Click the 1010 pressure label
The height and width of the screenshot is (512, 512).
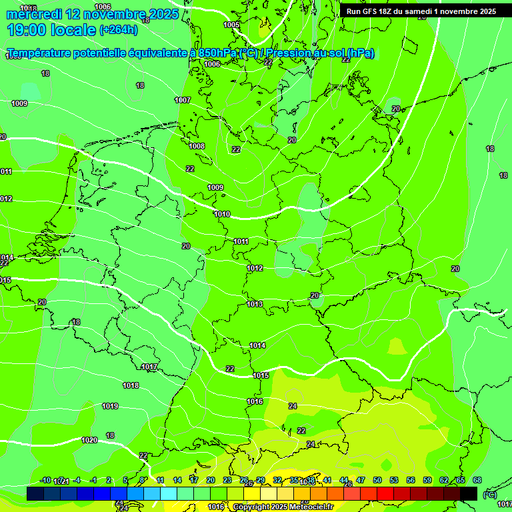tap(222, 214)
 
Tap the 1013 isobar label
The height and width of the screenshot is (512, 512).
tap(255, 304)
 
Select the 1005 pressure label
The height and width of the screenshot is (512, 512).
tap(231, 25)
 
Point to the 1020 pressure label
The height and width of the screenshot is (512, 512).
tap(89, 440)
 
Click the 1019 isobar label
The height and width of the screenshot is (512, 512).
tap(110, 406)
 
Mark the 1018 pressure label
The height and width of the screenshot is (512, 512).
tap(131, 385)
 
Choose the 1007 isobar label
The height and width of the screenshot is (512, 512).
tap(183, 100)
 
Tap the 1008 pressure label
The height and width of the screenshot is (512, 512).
tap(197, 146)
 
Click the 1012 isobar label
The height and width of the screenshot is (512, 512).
tap(255, 268)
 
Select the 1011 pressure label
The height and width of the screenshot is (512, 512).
tap(241, 241)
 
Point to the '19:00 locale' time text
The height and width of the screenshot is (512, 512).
tap(51, 29)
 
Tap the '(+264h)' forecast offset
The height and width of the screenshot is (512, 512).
tap(119, 30)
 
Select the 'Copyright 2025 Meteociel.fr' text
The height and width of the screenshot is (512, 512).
tap(283, 507)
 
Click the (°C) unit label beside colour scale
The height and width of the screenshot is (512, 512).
tap(489, 494)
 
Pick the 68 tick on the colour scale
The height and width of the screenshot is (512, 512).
tap(477, 480)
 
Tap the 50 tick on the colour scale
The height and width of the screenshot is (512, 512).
tap(377, 480)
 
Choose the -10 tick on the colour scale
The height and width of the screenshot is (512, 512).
tap(45, 480)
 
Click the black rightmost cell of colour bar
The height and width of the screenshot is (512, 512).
tap(469, 493)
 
